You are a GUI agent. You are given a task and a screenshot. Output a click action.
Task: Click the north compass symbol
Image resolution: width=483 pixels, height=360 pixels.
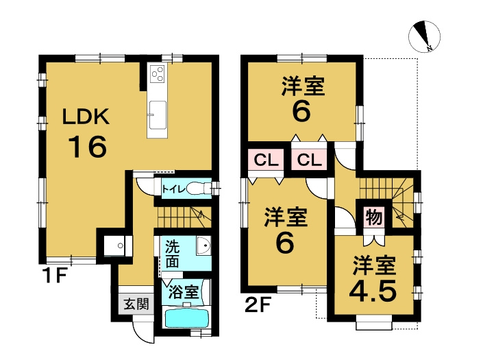pyautogui.click(x=424, y=36)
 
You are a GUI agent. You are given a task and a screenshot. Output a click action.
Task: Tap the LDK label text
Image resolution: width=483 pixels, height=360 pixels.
pyautogui.click(x=86, y=117)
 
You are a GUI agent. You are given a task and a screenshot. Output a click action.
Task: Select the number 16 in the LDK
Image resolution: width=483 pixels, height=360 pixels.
pyautogui.click(x=88, y=147)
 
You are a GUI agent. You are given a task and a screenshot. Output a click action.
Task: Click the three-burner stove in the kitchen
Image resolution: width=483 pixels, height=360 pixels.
pyautogui.click(x=158, y=73)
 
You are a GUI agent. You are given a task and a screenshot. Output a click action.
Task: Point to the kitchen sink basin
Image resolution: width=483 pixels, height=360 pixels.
pyautogui.click(x=158, y=115)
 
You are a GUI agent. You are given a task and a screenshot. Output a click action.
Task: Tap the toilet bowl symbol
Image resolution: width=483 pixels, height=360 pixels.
pyautogui.click(x=197, y=188)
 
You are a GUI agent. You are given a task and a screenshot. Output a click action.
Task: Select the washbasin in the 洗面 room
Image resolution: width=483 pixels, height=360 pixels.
pyautogui.click(x=203, y=245)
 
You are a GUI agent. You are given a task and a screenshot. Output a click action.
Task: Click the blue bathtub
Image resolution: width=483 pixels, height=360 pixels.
pyautogui.click(x=186, y=318)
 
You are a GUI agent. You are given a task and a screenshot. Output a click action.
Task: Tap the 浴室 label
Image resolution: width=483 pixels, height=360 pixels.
pyautogui.click(x=184, y=291)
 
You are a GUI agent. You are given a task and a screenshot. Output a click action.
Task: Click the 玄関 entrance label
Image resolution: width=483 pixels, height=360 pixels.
pyautogui.click(x=136, y=304)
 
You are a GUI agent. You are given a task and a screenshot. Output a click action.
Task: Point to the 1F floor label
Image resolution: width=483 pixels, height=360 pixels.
pyautogui.click(x=55, y=276)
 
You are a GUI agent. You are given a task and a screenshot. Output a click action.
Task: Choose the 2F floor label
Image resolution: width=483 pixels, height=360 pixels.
pyautogui.click(x=258, y=305)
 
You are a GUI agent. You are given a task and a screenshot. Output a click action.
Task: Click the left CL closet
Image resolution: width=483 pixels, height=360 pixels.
pyautogui.click(x=267, y=160)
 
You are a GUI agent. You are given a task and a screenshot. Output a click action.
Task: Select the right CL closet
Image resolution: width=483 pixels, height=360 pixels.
pyautogui.click(x=309, y=160)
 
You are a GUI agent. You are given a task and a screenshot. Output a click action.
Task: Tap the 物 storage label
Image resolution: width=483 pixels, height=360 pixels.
pyautogui.click(x=373, y=217)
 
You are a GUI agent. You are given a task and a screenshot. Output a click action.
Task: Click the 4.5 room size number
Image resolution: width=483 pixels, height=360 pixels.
pyautogui.click(x=373, y=291)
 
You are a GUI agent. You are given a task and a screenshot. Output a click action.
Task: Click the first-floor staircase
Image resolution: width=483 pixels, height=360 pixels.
pyautogui.click(x=184, y=217)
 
